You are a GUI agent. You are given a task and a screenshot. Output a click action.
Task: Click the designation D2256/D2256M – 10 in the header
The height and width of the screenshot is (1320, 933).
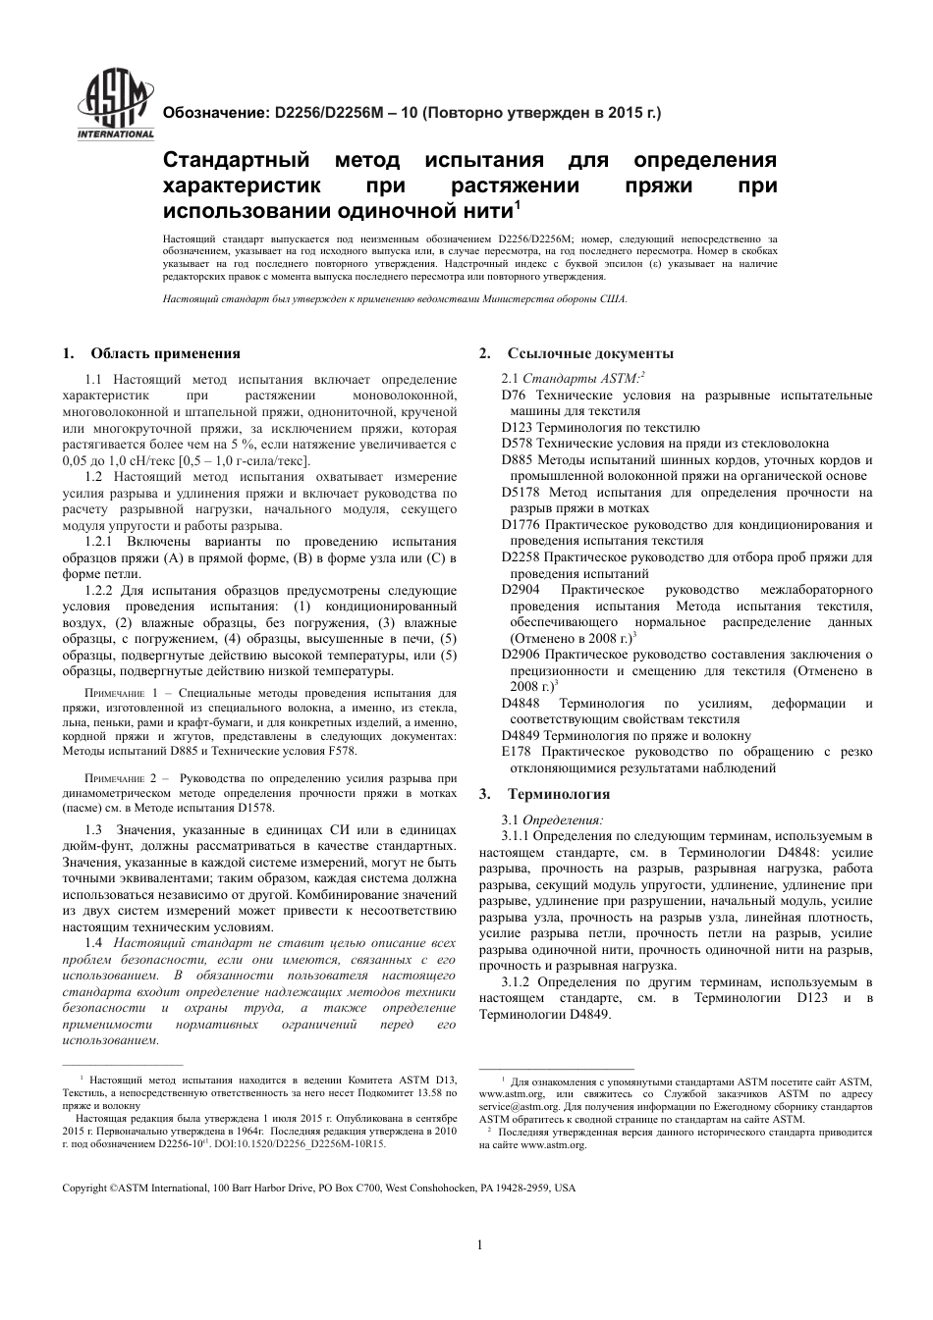[x=340, y=113]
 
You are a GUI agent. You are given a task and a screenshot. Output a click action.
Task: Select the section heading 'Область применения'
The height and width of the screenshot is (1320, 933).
[x=165, y=353]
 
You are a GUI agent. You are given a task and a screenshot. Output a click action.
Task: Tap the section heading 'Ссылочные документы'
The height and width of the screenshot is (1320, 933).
[x=590, y=353]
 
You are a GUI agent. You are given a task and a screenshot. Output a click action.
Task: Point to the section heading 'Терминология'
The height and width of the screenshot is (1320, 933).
[x=558, y=794]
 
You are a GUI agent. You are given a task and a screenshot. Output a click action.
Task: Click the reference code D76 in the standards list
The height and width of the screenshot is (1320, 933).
[x=513, y=396]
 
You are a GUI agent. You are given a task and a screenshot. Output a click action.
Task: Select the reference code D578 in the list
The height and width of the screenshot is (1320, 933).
[x=517, y=444]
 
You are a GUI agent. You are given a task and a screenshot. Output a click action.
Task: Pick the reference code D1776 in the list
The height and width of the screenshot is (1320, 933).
[x=521, y=525]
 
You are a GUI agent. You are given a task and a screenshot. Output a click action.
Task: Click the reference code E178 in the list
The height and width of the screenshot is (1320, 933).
[x=516, y=752]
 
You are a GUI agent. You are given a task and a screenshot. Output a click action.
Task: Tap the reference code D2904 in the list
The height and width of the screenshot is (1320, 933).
[x=521, y=590]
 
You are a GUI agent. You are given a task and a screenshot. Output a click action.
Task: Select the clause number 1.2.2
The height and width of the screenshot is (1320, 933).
[x=101, y=590]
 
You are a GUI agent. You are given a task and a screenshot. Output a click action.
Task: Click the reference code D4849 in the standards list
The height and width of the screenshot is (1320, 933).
[x=521, y=735]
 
